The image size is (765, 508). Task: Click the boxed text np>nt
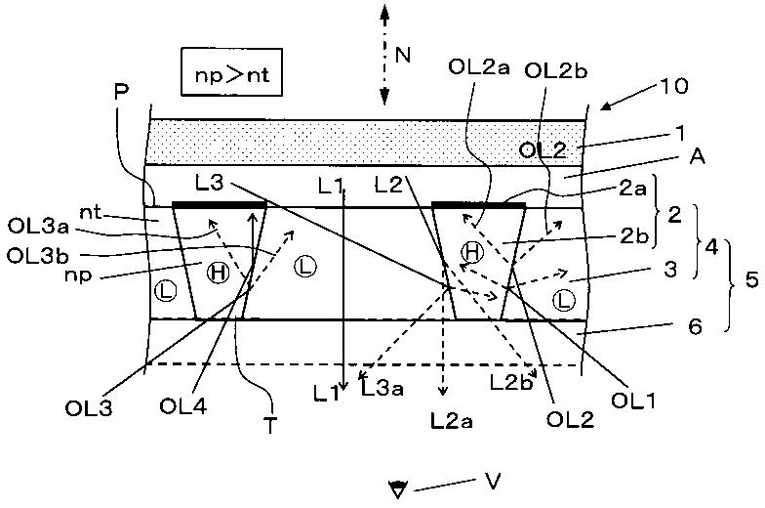point(231,75)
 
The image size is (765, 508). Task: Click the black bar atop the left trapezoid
point(220,204)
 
